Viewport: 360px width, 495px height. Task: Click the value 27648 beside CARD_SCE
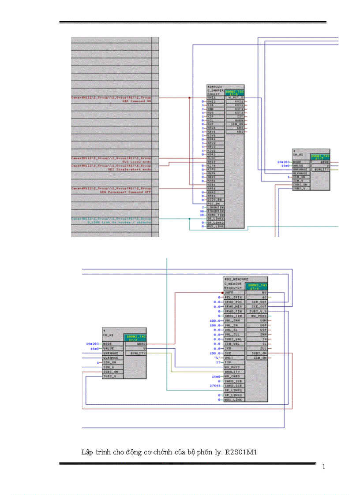click(x=215, y=386)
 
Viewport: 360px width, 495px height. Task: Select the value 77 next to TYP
click(x=217, y=362)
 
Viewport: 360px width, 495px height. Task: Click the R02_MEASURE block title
click(x=236, y=279)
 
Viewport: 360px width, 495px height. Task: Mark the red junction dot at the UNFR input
click(x=222, y=293)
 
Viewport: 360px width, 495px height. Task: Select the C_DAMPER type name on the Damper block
click(x=215, y=90)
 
